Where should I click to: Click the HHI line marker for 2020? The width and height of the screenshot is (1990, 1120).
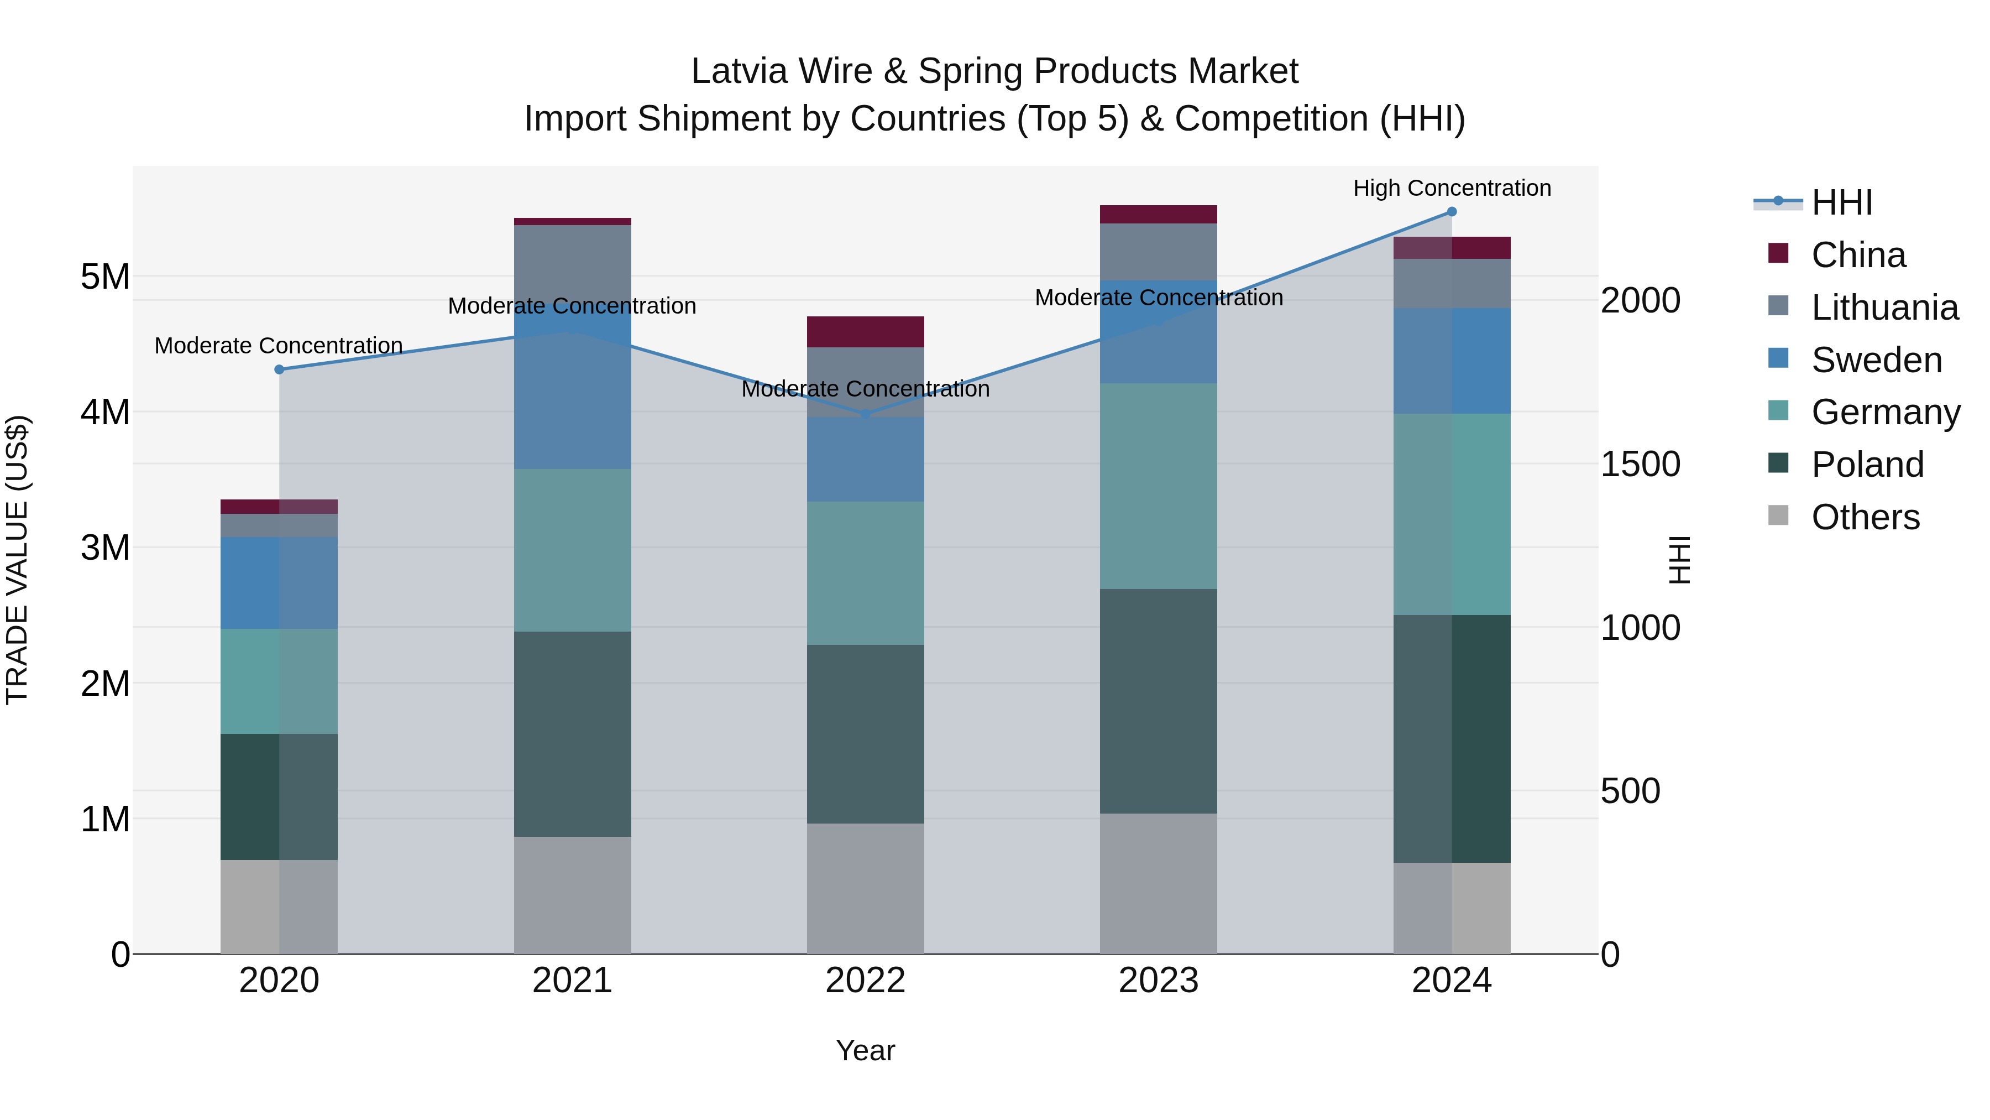(x=280, y=369)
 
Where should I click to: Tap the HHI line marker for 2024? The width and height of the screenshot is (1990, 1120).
(x=1452, y=212)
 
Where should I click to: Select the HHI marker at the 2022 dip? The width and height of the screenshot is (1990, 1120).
(x=865, y=415)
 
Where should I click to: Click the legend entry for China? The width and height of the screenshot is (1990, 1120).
(x=1858, y=255)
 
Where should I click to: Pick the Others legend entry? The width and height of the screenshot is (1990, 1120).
(x=1865, y=517)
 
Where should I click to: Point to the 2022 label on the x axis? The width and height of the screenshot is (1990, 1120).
(x=865, y=981)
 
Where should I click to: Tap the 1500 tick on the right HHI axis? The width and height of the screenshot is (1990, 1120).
(x=1640, y=464)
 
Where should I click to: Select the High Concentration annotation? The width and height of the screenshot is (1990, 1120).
(x=1452, y=188)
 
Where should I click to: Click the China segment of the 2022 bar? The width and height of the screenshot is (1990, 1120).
(x=865, y=332)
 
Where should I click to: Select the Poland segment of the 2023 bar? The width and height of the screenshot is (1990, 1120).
(x=1158, y=701)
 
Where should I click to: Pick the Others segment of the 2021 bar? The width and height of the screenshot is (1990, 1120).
(x=573, y=895)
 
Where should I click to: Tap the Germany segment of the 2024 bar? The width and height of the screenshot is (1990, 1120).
(x=1452, y=514)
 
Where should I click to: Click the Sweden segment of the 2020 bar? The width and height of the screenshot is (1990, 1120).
(x=279, y=583)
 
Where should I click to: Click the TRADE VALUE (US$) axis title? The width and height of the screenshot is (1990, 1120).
(x=17, y=560)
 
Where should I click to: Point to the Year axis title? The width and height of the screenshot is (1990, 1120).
(x=865, y=1050)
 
